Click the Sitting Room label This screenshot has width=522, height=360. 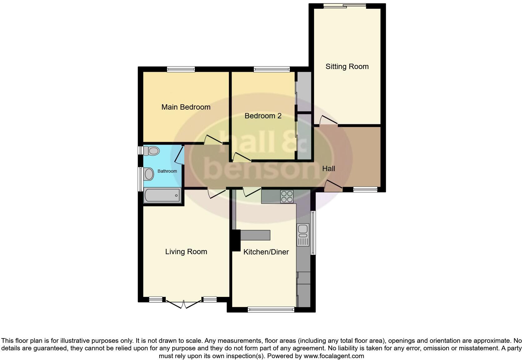347,67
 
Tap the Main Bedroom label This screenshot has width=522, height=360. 186,107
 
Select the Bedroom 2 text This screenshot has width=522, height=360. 263,116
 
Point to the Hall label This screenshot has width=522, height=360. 328,169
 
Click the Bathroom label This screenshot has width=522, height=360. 167,171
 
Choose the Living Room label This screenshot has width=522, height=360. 186,252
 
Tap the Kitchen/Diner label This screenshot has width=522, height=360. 266,252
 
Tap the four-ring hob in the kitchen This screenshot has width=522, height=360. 287,196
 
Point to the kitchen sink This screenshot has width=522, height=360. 303,234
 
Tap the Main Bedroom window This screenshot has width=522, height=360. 181,69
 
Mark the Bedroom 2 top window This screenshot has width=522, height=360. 272,69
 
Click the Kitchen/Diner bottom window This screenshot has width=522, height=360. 271,310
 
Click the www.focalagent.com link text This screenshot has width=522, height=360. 333,356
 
